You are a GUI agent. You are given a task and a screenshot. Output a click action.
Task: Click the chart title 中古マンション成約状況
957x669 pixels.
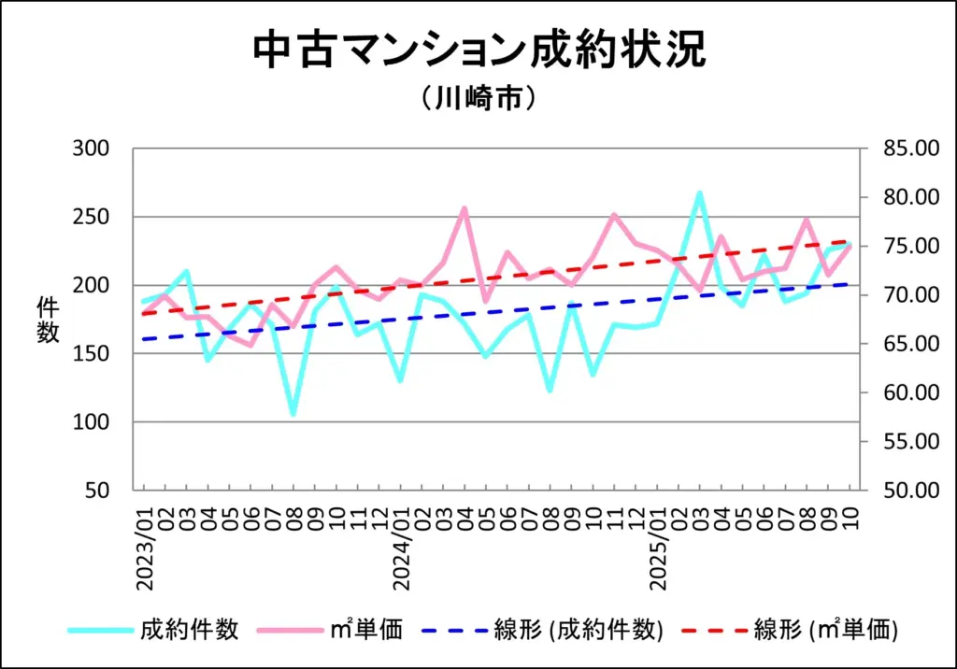478,50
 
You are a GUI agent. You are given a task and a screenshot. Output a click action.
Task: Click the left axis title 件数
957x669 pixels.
48,319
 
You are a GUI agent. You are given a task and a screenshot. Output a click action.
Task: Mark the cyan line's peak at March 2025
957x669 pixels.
698,193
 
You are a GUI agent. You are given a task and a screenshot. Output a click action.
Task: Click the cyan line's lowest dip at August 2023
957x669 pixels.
293,414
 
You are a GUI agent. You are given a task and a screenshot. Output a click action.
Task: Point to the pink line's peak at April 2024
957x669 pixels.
464,208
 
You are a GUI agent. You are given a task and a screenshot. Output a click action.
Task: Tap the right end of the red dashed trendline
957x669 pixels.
850,241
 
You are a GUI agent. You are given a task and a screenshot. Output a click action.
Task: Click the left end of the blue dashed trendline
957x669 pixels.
143,339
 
